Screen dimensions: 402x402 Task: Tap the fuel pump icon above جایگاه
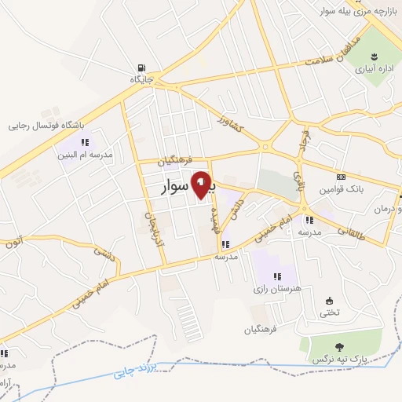point(141,68)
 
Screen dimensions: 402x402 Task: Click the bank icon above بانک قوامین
point(342,177)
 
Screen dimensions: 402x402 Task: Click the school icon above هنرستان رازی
point(276,276)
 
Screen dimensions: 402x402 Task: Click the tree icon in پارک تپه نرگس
point(339,345)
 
